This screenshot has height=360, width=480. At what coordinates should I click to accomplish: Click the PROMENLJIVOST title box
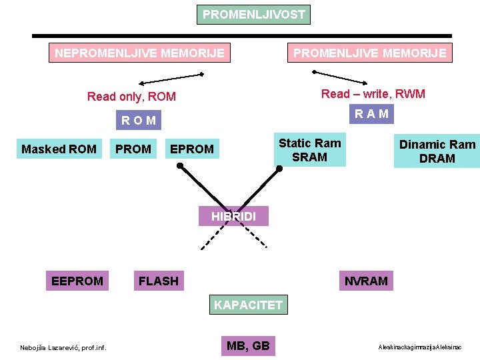254,15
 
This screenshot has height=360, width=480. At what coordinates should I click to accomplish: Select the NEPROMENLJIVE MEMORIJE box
139,53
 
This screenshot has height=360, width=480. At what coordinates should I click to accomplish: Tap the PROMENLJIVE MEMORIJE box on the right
370,53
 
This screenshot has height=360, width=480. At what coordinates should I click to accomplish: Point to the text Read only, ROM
132,97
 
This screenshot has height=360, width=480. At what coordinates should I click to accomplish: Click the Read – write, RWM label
373,94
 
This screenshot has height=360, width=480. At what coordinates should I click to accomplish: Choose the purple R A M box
372,114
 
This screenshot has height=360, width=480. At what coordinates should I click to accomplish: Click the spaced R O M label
139,121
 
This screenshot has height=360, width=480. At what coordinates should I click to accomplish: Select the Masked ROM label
59,149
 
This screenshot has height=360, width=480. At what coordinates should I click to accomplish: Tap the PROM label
133,149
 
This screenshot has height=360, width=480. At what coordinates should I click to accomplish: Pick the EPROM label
192,149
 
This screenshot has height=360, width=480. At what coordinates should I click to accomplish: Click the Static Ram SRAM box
310,150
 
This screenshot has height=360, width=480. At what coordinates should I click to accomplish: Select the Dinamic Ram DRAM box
437,151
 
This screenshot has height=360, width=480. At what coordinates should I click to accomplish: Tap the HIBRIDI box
233,216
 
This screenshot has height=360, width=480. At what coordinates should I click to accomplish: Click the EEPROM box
77,281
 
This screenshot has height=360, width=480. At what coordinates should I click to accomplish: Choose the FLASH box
158,281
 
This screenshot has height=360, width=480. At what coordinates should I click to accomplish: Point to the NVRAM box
366,281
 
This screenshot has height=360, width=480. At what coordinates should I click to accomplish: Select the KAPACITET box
248,305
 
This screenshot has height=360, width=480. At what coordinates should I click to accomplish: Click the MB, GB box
248,345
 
